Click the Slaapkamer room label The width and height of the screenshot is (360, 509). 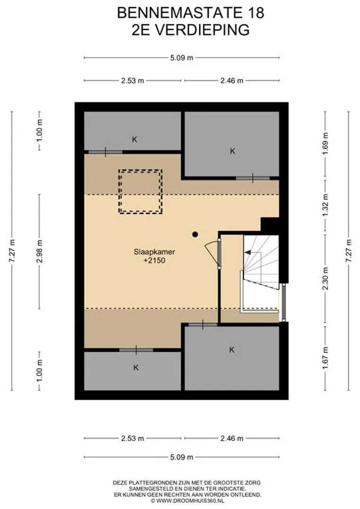(155, 252)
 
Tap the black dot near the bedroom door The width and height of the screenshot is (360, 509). (195, 234)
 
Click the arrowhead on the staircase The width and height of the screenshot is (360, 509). (247, 252)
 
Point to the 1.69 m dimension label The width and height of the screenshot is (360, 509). (326, 143)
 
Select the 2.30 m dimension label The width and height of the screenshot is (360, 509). (326, 279)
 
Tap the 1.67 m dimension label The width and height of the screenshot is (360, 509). (326, 358)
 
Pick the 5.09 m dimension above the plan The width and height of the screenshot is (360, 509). (181, 58)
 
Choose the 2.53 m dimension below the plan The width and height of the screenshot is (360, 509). (132, 438)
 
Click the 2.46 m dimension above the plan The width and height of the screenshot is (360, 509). (232, 81)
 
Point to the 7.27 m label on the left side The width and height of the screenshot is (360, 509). (12, 251)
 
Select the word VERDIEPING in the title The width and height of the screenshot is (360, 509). (200, 30)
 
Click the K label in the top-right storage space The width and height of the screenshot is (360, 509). (232, 151)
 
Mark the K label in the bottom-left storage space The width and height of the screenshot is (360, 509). (136, 368)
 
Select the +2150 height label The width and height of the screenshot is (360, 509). (155, 260)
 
